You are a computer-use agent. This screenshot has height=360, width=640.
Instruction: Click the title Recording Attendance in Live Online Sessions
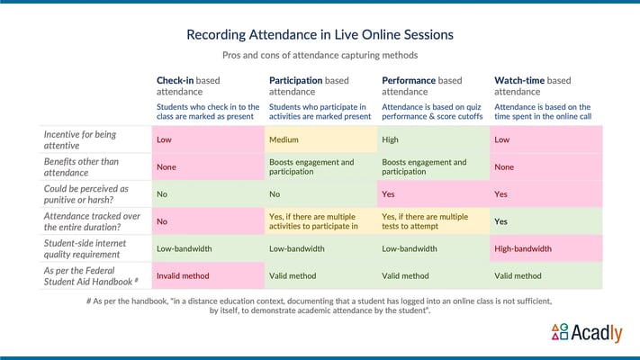320,35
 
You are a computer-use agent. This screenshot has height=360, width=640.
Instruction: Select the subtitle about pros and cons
320,56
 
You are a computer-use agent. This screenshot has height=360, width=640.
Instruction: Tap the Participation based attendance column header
319,85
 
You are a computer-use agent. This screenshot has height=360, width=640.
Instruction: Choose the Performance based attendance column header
431,85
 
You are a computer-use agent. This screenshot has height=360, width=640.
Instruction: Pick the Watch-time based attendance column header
545,85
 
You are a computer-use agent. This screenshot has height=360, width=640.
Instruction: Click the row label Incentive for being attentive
89,139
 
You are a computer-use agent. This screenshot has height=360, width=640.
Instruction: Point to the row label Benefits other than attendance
89,167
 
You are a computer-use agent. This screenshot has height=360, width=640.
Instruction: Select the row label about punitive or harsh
89,194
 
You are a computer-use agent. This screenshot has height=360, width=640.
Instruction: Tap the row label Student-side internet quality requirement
89,248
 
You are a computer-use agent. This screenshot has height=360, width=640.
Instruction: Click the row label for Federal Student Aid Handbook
89,275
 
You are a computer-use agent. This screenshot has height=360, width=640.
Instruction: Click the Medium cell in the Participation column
320,139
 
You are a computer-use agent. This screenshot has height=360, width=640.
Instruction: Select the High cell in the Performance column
432,139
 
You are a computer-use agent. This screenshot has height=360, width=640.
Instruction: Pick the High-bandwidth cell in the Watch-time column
545,248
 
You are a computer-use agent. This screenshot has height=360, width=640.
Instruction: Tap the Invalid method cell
207,275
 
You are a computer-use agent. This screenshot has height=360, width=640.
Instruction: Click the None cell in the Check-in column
207,167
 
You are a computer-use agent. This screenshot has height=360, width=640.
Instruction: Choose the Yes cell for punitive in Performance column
432,193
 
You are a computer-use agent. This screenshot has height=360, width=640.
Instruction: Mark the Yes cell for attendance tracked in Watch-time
545,221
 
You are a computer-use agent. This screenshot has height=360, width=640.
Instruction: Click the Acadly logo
585,333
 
